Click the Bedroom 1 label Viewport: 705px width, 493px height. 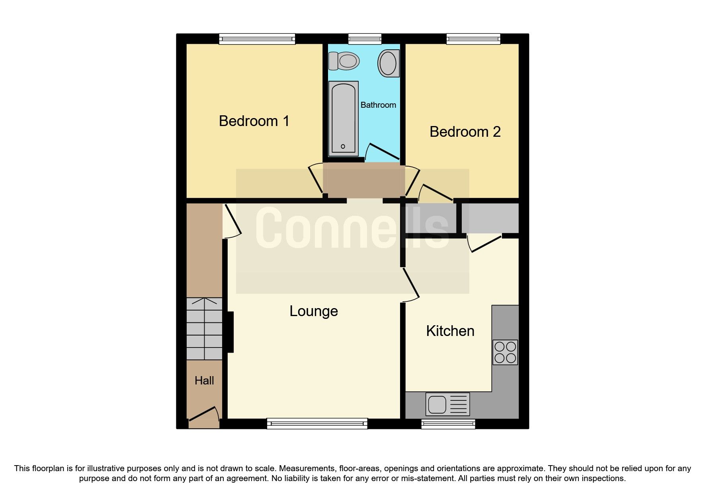254,121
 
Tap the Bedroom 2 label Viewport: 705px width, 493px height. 465,132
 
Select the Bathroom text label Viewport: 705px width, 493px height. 378,105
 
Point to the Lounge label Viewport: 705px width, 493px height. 314,311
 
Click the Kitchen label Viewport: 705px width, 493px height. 450,331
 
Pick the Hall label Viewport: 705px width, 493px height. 204,380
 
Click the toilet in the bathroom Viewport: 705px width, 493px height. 344,61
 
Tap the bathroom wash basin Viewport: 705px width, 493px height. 388,63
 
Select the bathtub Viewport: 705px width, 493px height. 343,118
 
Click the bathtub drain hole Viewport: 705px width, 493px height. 343,147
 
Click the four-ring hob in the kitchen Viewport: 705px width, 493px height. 505,352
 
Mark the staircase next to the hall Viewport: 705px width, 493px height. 204,328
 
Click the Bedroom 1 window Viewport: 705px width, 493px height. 257,39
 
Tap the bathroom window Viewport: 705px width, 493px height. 365,39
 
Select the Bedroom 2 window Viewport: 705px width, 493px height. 473,39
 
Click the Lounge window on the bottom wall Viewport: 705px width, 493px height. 317,424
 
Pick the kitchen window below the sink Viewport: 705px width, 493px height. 448,424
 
